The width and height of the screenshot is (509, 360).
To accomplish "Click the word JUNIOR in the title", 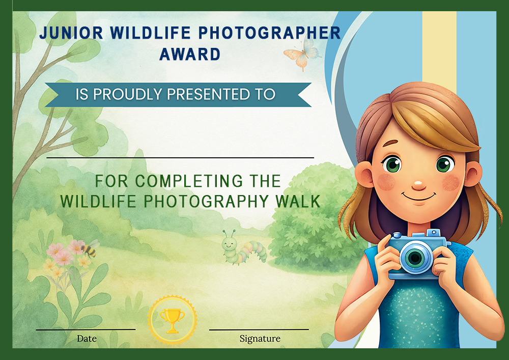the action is pyautogui.click(x=71, y=33).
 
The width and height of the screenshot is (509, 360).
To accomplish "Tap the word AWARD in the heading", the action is pyautogui.click(x=190, y=54).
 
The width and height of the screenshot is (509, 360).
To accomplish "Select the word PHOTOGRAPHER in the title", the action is pyautogui.click(x=270, y=33).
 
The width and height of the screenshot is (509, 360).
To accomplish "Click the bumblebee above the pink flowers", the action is pyautogui.click(x=90, y=248).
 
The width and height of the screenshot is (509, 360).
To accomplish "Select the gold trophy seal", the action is pyautogui.click(x=172, y=320).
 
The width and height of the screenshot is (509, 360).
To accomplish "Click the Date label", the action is pyautogui.click(x=87, y=339).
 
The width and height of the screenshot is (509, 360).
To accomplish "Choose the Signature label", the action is pyautogui.click(x=260, y=339).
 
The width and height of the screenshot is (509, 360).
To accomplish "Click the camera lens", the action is pyautogui.click(x=415, y=258).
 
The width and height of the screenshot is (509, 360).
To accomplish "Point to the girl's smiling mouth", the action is pyautogui.click(x=419, y=197).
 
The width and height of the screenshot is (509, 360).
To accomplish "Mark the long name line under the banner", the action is pyautogui.click(x=180, y=158).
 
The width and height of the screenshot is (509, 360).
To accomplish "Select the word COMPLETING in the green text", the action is pyautogui.click(x=189, y=181).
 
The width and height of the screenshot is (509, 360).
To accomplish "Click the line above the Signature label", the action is pyautogui.click(x=259, y=329).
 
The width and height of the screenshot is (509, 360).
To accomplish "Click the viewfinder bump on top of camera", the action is pyautogui.click(x=433, y=233).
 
